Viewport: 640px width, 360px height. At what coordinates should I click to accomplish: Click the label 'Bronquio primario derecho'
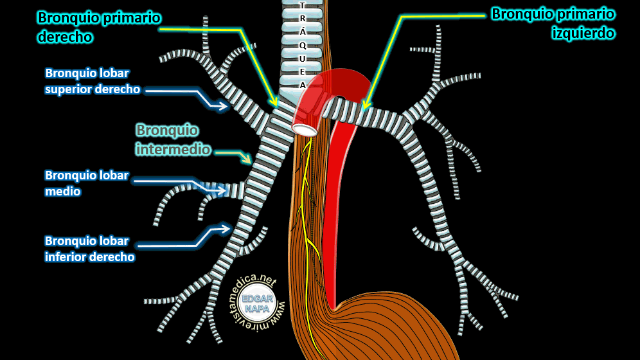point(99,27)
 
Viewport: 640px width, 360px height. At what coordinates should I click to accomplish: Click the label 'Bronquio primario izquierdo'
point(553,23)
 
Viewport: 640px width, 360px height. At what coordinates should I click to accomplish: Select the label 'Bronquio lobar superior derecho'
point(93,81)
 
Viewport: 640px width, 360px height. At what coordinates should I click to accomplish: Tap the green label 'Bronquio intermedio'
point(173,139)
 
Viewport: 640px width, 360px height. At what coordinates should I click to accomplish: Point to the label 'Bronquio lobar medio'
point(87,183)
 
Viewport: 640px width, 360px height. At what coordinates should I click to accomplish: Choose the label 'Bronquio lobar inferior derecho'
point(89,249)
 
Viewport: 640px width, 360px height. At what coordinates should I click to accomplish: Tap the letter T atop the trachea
point(303,6)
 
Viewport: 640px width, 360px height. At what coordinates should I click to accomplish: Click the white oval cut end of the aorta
point(304,129)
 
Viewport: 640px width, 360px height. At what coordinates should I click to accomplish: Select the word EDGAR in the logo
point(261,299)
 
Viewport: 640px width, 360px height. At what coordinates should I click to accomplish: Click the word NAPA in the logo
point(261,309)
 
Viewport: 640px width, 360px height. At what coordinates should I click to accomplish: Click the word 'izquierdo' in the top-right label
point(583,33)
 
